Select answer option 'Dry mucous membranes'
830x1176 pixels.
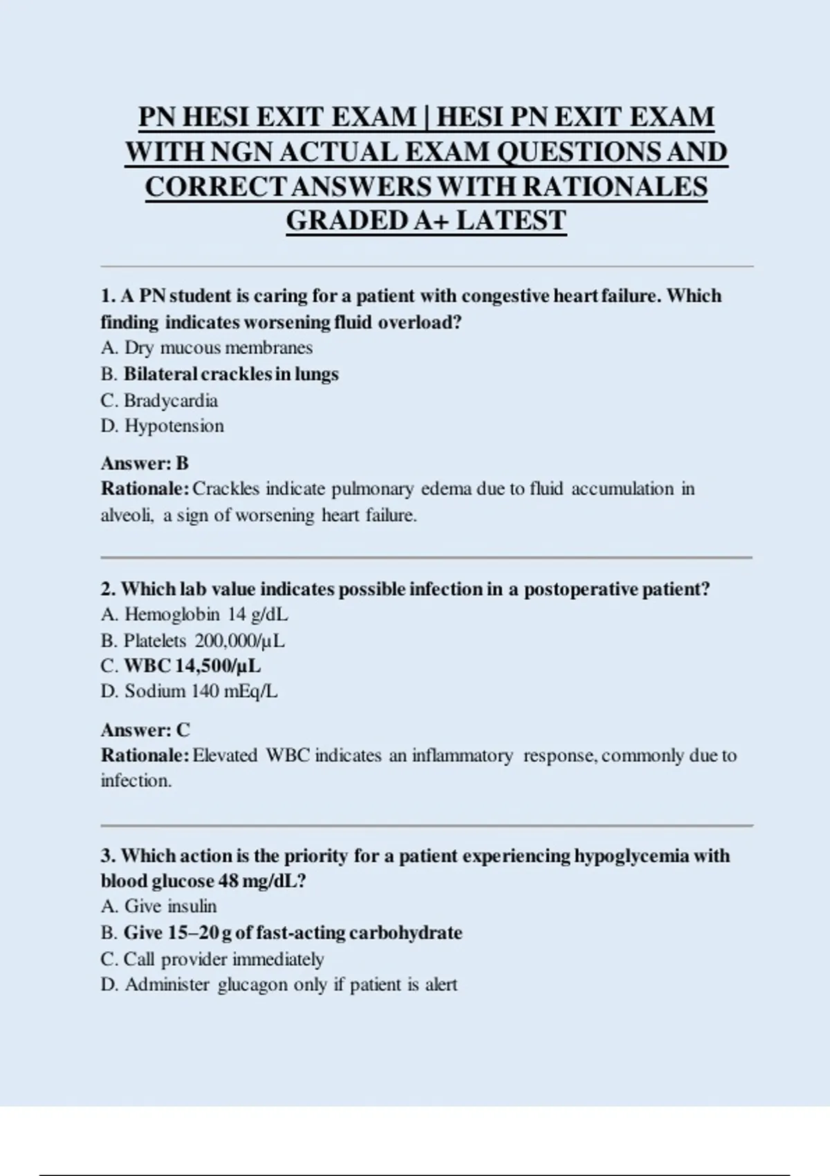coord(218,347)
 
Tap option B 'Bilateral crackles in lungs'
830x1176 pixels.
coord(231,374)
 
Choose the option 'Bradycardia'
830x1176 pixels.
coord(170,401)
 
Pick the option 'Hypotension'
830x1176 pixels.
coord(174,426)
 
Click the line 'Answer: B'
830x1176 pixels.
coord(145,463)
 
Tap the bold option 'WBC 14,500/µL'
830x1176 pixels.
coord(192,666)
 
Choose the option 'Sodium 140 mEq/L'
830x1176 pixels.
coord(201,691)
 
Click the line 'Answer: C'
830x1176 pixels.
coord(145,730)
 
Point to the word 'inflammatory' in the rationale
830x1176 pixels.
coord(462,755)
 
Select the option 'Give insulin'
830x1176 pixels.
coord(170,906)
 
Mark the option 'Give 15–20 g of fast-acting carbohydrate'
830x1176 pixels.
coord(293,932)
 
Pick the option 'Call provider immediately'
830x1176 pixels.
coord(223,959)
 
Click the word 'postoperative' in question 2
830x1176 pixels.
coord(581,589)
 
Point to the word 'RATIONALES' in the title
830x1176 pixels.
coord(615,187)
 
